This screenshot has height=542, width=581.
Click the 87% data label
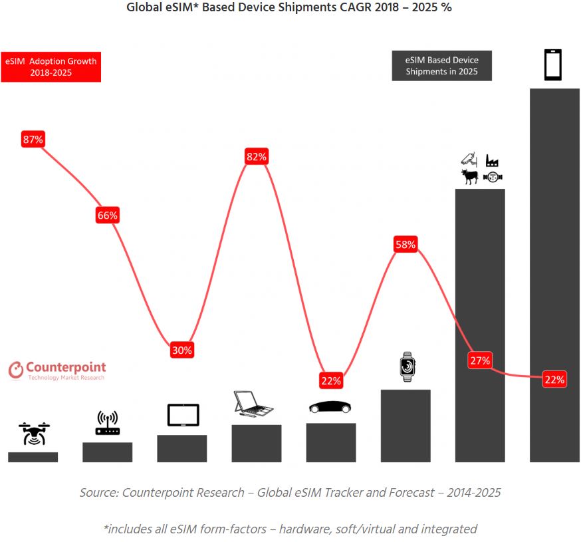pos(33,140)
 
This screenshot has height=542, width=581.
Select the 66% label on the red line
pos(107,215)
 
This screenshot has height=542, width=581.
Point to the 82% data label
pos(256,157)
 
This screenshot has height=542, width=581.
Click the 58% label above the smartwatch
pos(405,245)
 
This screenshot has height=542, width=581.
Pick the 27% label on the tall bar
pos(479,360)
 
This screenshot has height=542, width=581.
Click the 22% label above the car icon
pos(330,381)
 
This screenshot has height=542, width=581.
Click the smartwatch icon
pos(407,366)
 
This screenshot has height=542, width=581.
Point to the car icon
pos(330,406)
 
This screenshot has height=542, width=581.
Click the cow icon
pos(470,176)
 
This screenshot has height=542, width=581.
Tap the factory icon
pos(492,160)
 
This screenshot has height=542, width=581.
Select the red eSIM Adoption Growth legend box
pos(51,67)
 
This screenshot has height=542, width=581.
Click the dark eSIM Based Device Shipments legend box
pos(441,65)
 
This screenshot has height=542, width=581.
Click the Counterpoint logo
pos(57,370)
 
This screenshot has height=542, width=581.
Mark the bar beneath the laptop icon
pos(256,443)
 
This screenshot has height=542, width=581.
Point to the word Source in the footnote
pos(97,493)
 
